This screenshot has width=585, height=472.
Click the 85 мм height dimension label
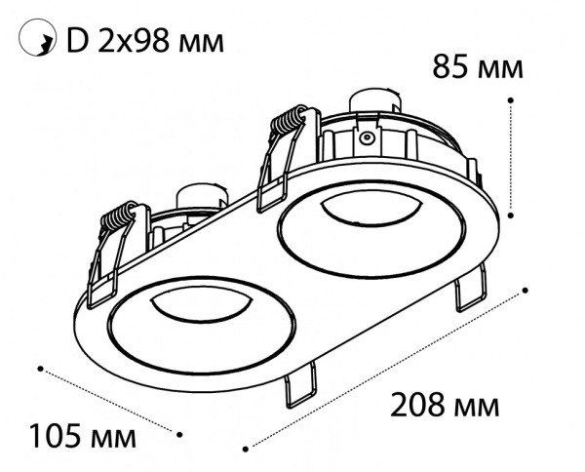pyautogui.click(x=477, y=67)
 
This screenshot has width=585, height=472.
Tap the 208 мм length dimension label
pyautogui.click(x=445, y=406)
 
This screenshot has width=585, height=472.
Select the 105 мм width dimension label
pyautogui.click(x=83, y=436)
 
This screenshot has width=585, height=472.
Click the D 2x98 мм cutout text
pyautogui.click(x=145, y=40)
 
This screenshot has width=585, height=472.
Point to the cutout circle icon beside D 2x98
pyautogui.click(x=37, y=38)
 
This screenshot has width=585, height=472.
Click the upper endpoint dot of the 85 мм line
pyautogui.click(x=511, y=100)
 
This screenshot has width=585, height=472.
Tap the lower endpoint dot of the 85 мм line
pyautogui.click(x=511, y=216)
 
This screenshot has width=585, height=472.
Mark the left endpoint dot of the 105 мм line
pyautogui.click(x=40, y=369)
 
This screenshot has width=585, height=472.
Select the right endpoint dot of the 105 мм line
pyautogui.click(x=179, y=435)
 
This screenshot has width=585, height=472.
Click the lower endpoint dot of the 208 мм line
pyautogui.click(x=245, y=449)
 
